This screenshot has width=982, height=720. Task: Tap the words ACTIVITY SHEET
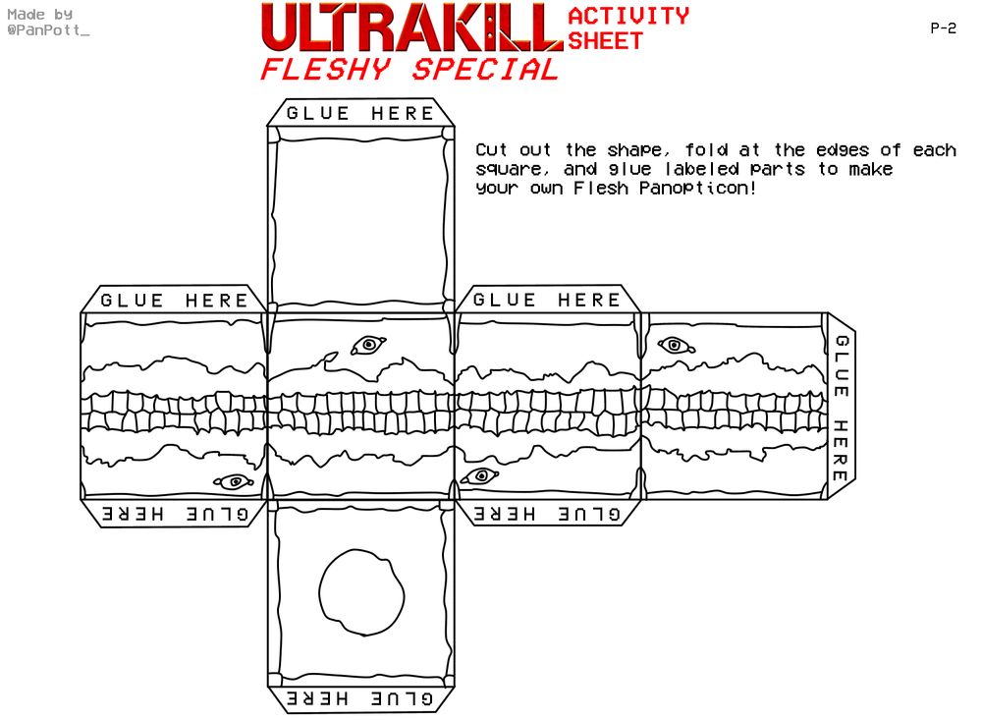tap(628, 28)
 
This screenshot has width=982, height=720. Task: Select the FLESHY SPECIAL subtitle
tap(409, 69)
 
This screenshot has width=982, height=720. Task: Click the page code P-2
tap(943, 28)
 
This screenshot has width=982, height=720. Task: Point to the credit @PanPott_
tap(48, 30)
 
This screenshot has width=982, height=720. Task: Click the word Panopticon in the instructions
tap(697, 188)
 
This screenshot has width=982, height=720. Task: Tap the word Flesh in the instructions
tap(601, 188)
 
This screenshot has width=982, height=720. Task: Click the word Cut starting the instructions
tap(491, 150)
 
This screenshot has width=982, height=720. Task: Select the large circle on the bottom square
tap(361, 592)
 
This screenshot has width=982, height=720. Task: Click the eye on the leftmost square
tap(234, 481)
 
